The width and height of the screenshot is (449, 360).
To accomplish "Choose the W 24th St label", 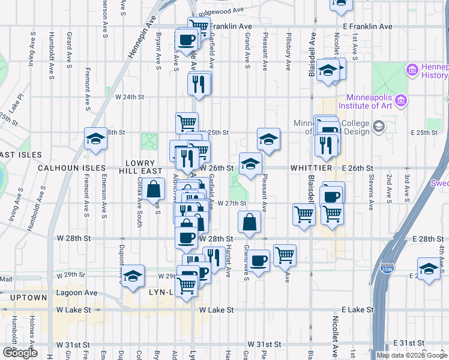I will pos(130,96).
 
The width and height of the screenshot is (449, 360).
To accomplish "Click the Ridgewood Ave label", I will pos(222,11).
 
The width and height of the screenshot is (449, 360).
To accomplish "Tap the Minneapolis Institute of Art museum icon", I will pos(400,98).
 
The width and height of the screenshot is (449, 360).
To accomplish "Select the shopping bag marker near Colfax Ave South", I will pos(154,189).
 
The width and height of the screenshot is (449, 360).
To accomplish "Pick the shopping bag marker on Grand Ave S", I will pos(249,222).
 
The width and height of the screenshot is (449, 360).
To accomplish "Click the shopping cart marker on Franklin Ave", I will pos(199,27).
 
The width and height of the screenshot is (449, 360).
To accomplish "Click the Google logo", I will pos(19,353).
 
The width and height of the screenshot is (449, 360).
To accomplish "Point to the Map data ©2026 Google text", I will pos(412,355).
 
